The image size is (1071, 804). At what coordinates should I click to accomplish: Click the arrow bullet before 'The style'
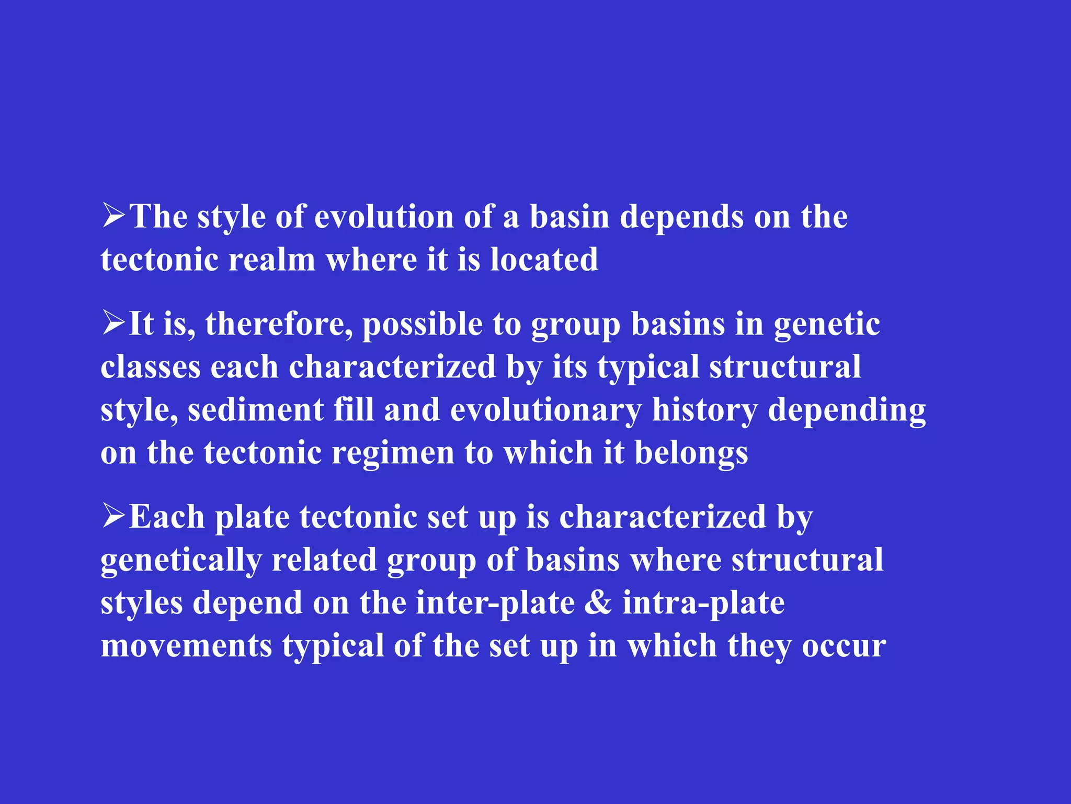click(x=113, y=216)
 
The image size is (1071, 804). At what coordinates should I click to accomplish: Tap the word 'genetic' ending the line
click(x=827, y=325)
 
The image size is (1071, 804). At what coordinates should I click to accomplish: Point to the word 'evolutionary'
click(x=545, y=410)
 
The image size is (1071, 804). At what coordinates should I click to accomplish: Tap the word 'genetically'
click(x=181, y=561)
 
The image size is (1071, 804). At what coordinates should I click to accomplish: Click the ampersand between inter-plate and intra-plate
click(x=598, y=602)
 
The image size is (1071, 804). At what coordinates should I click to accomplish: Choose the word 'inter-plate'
click(x=495, y=603)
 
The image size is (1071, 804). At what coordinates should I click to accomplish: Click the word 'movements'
click(x=187, y=645)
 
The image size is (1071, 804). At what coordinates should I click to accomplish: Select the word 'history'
click(x=704, y=410)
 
